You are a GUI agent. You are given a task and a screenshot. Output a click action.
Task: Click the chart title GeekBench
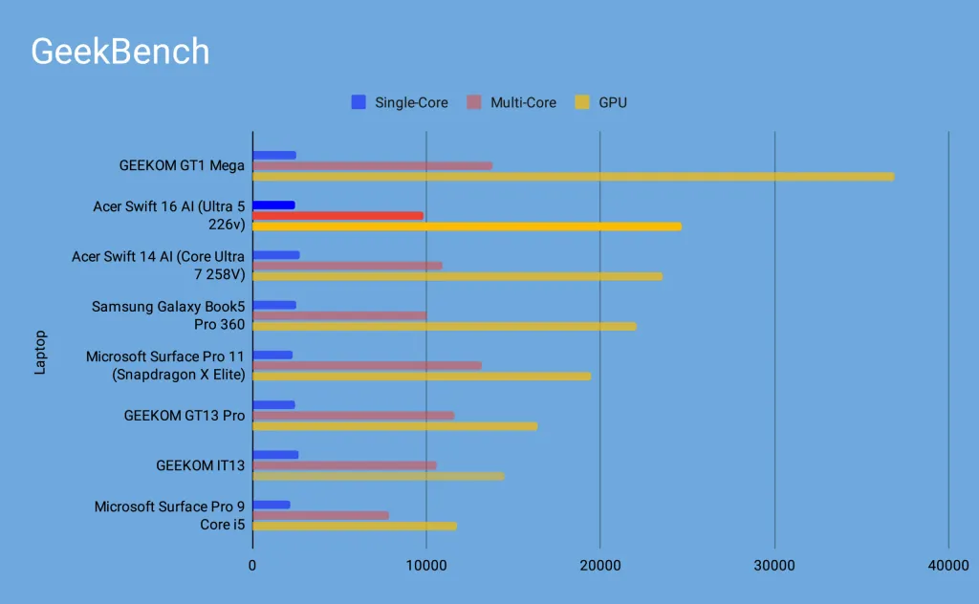(120, 52)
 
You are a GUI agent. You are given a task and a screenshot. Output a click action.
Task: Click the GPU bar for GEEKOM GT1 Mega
(573, 177)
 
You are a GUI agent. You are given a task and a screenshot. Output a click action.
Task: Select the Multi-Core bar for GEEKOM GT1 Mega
(372, 165)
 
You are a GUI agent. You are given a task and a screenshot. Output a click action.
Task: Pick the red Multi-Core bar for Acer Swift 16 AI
(337, 216)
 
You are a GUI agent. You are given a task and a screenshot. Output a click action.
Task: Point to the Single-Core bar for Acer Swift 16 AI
(273, 205)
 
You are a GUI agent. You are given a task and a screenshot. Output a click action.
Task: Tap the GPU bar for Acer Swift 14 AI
(457, 276)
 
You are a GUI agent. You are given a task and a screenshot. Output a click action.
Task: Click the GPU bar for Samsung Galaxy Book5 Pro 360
(444, 326)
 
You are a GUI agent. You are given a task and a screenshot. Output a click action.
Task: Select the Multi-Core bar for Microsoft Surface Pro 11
(366, 365)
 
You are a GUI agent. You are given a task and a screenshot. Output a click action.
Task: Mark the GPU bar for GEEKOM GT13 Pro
(395, 426)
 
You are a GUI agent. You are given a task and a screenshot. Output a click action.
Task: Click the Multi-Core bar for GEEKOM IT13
(344, 465)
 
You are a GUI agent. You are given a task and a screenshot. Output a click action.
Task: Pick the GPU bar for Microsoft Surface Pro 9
(354, 526)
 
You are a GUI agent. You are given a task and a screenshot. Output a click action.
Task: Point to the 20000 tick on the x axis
(599, 566)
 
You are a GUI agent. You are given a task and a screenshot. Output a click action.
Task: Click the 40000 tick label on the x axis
(947, 566)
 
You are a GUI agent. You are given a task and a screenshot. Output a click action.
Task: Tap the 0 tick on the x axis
(252, 566)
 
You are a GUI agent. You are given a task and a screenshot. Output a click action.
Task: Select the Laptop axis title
(40, 353)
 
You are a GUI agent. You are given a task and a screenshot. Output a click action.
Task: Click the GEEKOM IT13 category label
(201, 465)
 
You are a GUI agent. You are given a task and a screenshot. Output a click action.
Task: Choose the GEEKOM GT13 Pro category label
(184, 416)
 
